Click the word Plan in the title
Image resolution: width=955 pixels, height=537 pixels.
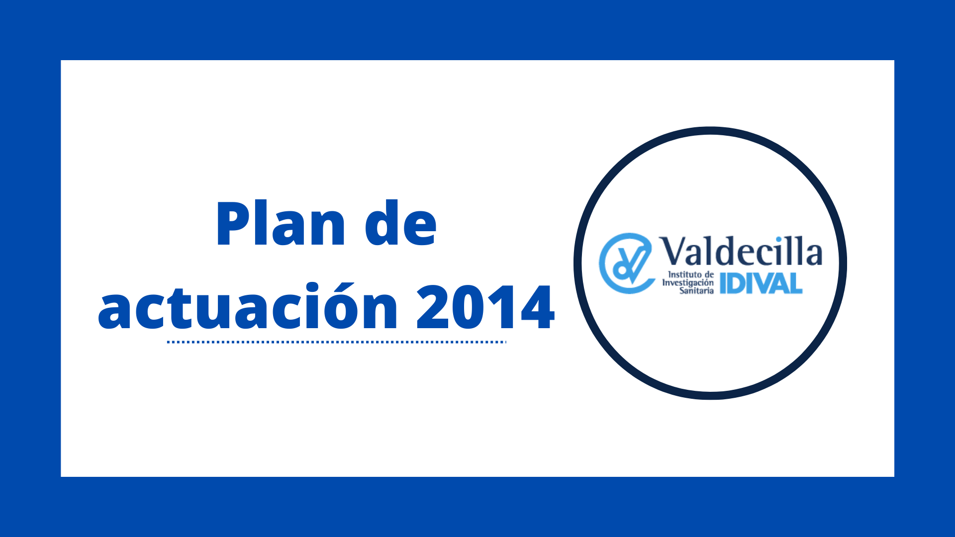point(281,223)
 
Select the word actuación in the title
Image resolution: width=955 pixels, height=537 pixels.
point(248,306)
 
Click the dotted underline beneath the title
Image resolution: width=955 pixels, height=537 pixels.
point(337,342)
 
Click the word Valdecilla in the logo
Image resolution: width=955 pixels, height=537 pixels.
point(741,251)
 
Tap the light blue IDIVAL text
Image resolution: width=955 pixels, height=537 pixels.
point(761,283)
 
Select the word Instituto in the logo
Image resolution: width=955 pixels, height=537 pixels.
point(684,274)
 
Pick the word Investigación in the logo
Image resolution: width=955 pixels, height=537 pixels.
point(688,282)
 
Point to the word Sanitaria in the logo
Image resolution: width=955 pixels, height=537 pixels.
point(696,290)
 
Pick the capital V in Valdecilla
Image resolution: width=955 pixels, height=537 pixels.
point(674,251)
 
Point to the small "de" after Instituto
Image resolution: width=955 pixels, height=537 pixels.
point(709,274)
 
